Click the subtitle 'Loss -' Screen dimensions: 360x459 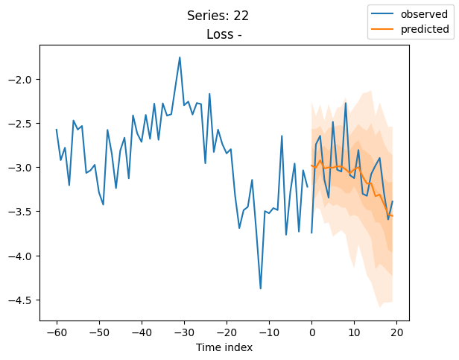coord(224,34)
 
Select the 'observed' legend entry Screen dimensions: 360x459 coord(425,14)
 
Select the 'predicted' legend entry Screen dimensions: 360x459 coord(425,29)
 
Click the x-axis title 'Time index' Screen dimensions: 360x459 coord(224,347)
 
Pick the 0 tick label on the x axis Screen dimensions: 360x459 coord(311,332)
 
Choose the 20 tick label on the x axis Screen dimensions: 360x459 coord(396,332)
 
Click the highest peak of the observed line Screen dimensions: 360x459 coord(180,57)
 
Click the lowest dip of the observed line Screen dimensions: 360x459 coord(261,288)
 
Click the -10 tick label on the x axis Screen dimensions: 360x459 coord(269,332)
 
